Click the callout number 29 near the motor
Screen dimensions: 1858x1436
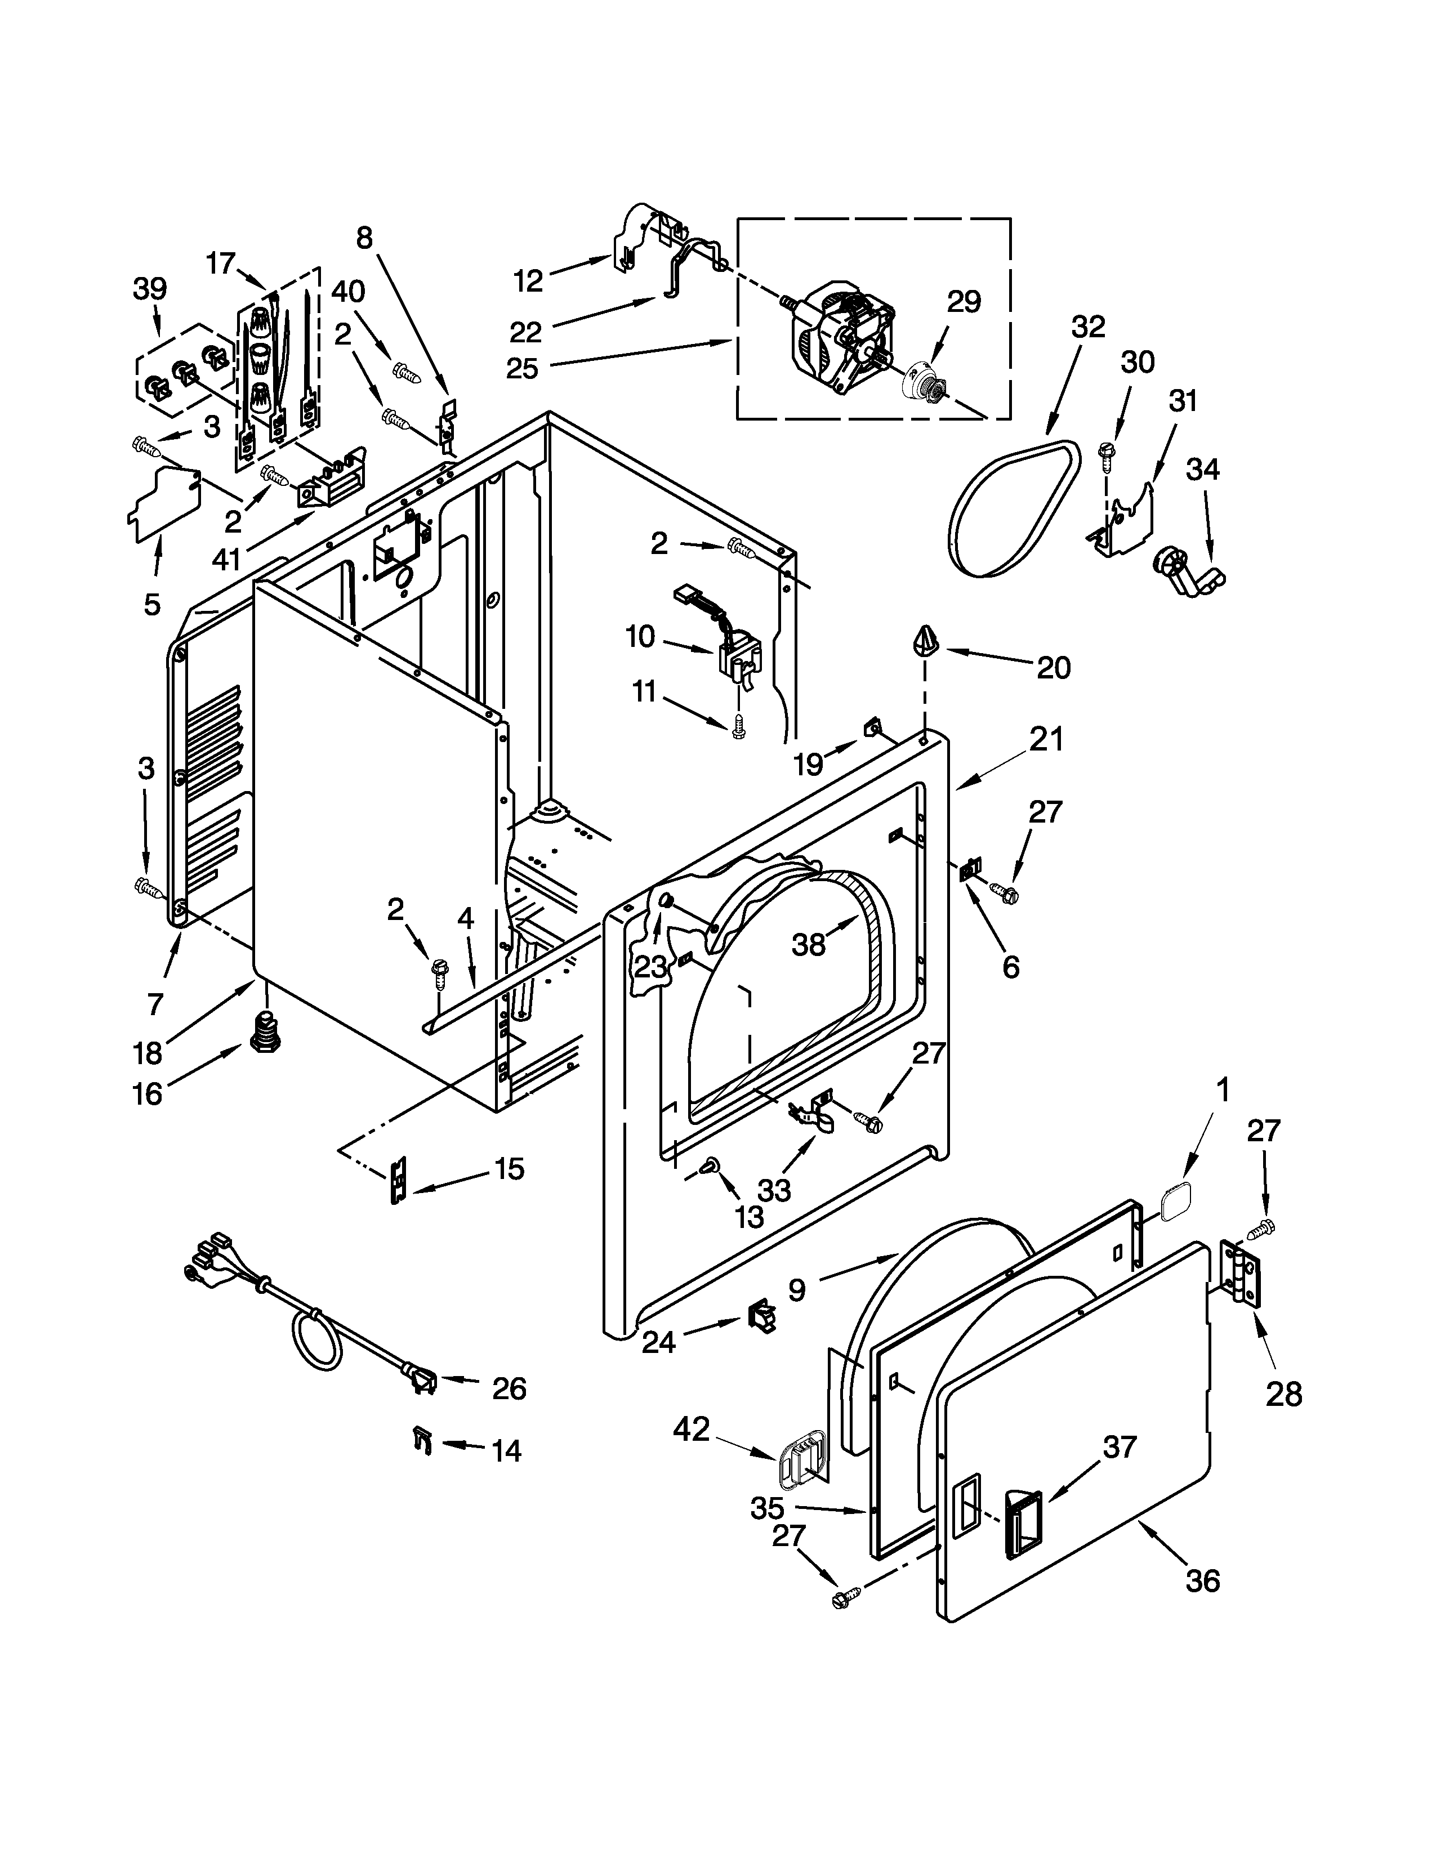(x=964, y=301)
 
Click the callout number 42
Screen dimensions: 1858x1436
(x=691, y=1429)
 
